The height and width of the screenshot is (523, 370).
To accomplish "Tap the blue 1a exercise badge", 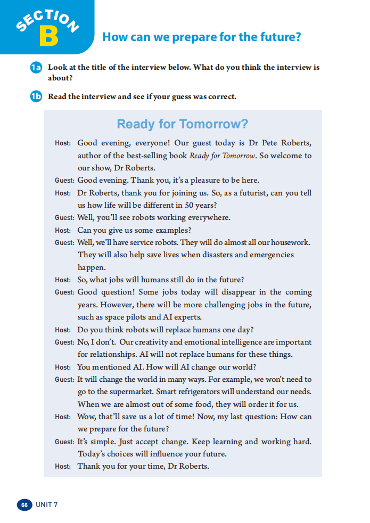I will tap(36, 68).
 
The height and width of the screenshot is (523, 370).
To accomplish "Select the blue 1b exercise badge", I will tap(36, 97).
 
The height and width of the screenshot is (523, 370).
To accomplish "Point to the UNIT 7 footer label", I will tap(47, 504).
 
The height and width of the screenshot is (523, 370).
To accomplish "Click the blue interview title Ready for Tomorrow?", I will tap(183, 124).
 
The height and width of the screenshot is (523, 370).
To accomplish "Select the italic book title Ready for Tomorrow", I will tap(223, 156).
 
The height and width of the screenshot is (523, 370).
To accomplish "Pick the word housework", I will tap(290, 242).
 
